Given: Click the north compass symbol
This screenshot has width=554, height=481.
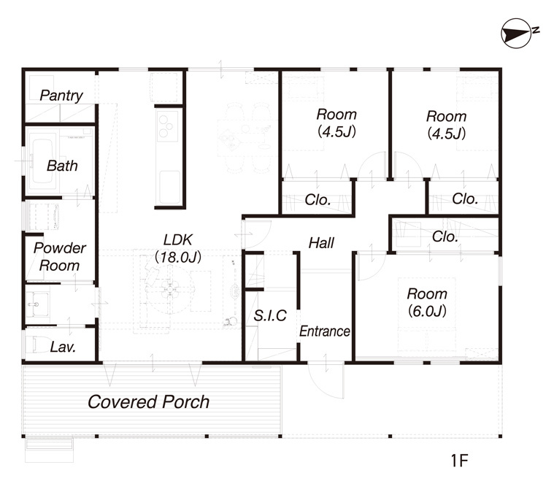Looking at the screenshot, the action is point(516,34).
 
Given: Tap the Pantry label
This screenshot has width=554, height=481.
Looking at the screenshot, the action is point(61,96).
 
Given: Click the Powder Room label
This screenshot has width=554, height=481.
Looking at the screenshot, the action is point(60,257).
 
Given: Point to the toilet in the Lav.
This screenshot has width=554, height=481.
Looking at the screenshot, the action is point(38,345).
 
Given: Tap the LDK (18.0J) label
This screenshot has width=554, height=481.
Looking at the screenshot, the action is point(178,248).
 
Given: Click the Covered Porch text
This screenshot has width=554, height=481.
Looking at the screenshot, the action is point(148,402).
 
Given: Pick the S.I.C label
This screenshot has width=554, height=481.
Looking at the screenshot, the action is point(270,315).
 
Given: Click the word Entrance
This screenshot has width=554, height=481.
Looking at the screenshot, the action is point(325,331).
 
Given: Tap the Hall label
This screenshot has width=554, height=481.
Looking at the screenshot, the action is point(321,243).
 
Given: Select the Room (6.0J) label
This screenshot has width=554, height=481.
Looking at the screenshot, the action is point(427,302).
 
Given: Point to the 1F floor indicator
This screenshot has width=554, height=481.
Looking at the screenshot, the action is point(459,461).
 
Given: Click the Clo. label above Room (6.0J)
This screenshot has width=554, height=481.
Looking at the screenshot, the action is point(445,236).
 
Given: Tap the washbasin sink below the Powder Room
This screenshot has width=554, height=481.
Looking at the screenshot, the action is point(36,304).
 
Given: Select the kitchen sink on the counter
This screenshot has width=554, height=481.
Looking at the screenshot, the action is point(169,188).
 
